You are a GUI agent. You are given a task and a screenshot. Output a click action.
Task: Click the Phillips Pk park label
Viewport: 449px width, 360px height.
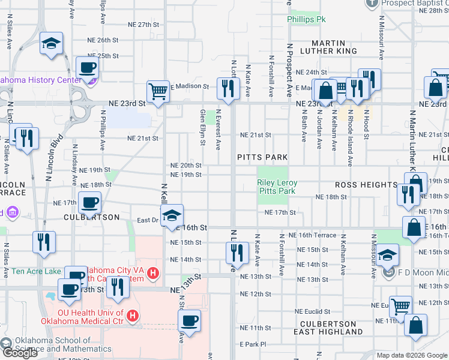(x=306, y=20)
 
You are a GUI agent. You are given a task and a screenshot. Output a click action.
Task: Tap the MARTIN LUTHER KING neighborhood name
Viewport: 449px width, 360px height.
(x=328, y=47)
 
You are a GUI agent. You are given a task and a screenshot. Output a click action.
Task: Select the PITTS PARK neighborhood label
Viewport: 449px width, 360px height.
(x=262, y=157)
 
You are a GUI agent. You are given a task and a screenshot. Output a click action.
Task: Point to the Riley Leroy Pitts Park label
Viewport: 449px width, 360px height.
(x=277, y=187)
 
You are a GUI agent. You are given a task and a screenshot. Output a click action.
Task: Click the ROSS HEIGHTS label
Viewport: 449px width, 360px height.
(x=366, y=185)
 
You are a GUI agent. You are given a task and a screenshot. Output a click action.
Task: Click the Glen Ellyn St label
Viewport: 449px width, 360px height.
(x=203, y=127)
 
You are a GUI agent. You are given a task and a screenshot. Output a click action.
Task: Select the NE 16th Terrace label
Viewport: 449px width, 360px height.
(x=312, y=235)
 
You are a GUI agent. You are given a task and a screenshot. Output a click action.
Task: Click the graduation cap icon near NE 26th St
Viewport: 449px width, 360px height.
(x=52, y=43)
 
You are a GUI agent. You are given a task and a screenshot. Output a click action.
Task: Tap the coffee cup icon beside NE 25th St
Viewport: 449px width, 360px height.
(x=87, y=67)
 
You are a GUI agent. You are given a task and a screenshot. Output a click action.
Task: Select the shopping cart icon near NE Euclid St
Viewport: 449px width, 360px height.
(x=400, y=306)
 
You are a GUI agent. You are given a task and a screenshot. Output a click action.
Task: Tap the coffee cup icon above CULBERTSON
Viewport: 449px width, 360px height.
(x=89, y=202)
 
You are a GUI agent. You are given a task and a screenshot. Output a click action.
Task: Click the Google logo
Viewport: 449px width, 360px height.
(x=19, y=353)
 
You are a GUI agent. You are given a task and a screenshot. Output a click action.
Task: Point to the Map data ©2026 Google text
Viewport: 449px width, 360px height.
(x=411, y=355)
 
